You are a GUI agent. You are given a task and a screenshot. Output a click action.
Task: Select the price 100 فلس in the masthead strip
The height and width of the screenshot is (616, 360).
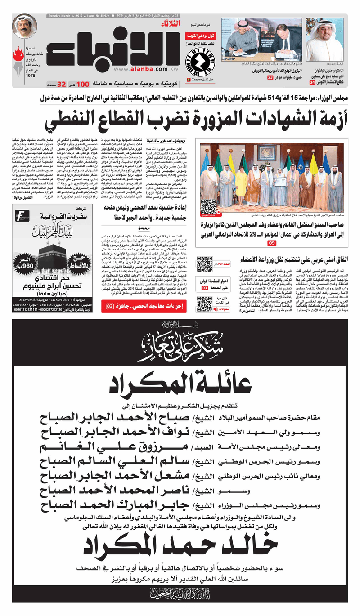(x=85, y=84)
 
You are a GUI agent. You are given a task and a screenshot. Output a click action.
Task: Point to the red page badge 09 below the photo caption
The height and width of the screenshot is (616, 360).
(x=272, y=243)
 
